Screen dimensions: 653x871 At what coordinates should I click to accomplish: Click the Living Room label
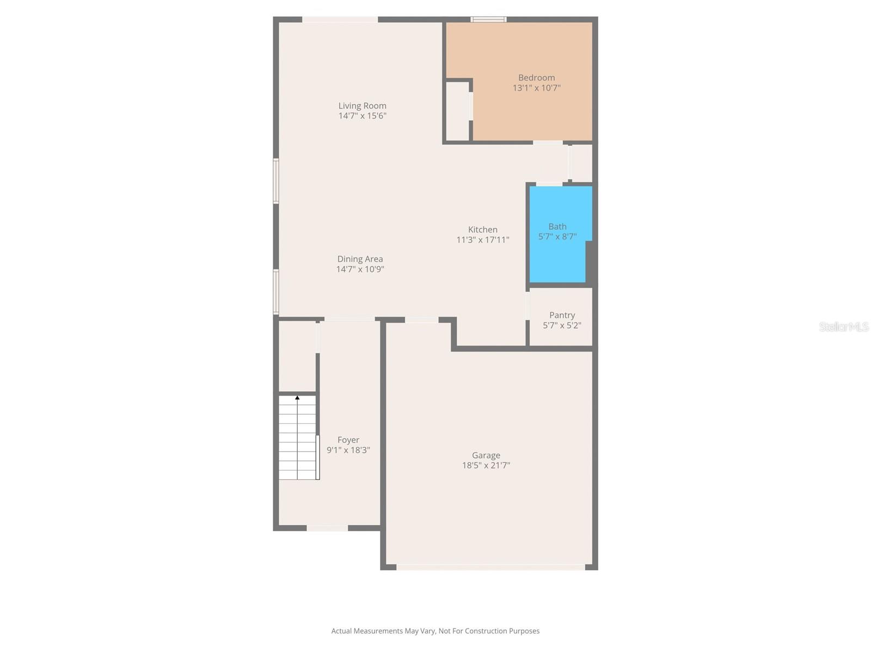click(362, 106)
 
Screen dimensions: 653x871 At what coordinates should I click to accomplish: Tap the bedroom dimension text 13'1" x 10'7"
click(536, 88)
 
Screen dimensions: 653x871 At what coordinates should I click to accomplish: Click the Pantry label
click(562, 315)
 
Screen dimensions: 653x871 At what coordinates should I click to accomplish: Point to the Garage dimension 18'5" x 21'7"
click(486, 465)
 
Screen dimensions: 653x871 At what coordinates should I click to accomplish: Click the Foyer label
click(348, 440)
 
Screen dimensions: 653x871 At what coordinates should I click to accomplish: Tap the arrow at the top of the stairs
click(297, 398)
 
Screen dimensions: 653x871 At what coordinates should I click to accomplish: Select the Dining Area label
click(360, 259)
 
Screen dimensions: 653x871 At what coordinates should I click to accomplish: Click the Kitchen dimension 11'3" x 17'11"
click(482, 239)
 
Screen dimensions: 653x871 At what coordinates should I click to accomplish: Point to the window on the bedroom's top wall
click(488, 20)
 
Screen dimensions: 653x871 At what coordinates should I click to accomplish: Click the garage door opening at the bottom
click(490, 567)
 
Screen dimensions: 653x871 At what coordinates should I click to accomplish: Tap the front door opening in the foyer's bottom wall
click(327, 528)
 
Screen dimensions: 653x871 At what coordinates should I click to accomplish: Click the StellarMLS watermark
click(843, 326)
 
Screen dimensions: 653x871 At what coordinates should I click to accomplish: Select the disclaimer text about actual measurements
click(435, 631)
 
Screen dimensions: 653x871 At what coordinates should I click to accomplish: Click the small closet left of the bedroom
click(457, 112)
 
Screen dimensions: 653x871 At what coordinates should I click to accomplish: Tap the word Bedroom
click(536, 78)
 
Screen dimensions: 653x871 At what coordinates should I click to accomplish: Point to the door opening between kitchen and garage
click(421, 320)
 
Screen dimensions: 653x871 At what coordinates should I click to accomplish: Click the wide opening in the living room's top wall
click(340, 20)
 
